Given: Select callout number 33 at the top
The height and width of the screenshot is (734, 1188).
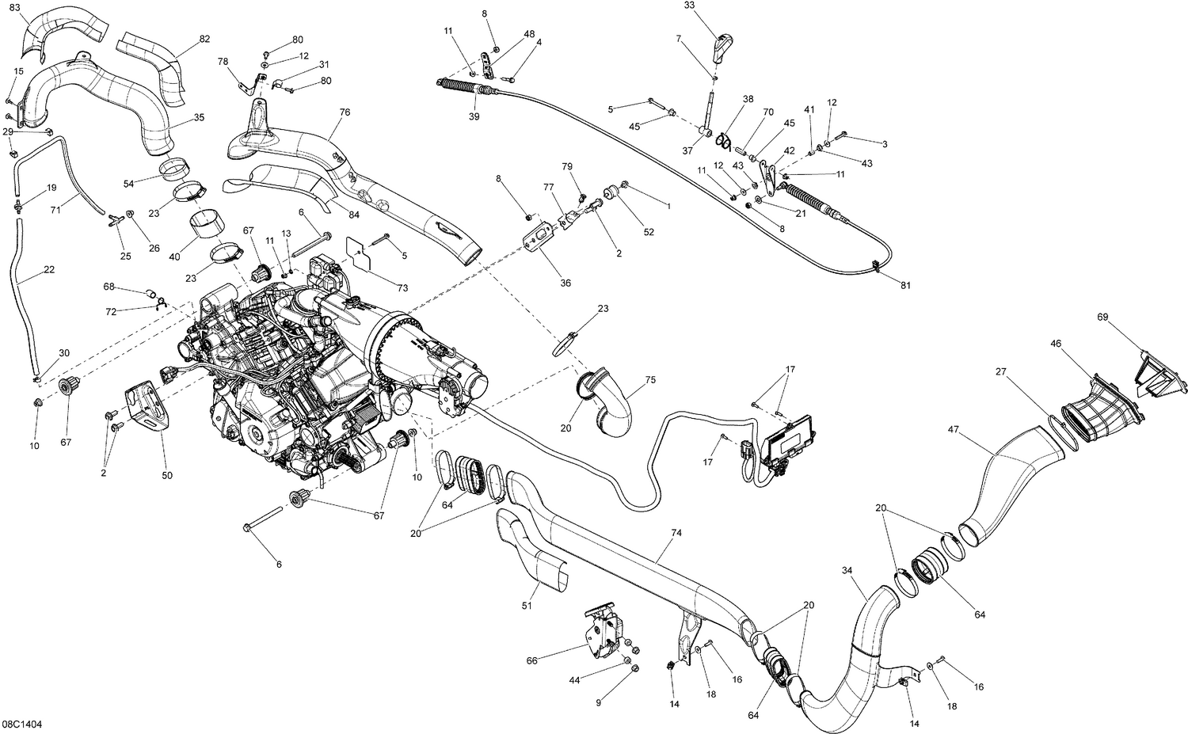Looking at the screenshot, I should (688, 6).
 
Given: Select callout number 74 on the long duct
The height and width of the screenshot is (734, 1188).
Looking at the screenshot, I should (676, 534).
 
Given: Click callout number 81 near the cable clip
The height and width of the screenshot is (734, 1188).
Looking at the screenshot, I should (904, 285).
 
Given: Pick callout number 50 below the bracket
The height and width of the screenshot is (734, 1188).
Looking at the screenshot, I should (167, 475).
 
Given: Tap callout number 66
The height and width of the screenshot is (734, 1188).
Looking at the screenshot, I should (531, 660).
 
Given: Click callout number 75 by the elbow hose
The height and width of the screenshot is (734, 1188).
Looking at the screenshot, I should (650, 380).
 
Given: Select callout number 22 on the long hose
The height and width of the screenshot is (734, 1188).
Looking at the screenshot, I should (49, 270).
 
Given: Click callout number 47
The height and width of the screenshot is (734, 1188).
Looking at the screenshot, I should (954, 430).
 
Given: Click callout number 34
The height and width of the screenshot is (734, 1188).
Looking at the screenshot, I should (847, 570).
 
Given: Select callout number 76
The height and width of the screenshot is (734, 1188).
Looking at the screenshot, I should (345, 112).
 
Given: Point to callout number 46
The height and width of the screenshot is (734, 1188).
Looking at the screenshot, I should (1056, 344).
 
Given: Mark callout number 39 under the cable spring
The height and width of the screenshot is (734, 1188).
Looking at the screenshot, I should (474, 116).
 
